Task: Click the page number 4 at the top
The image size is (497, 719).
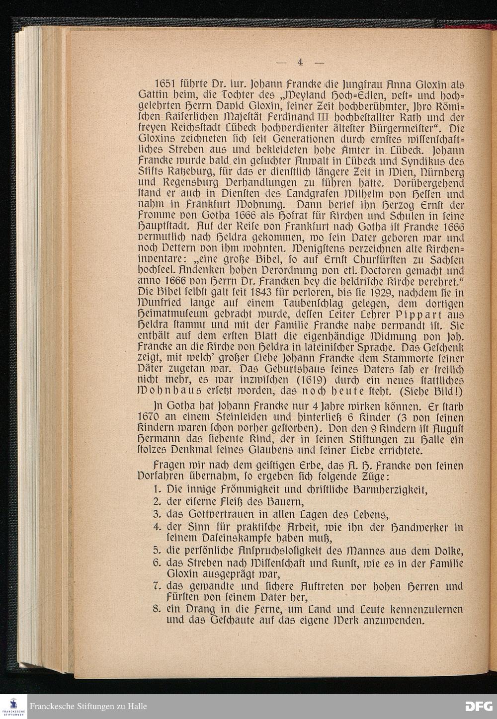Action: pos(300,62)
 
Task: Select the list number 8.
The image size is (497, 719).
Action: pos(156,609)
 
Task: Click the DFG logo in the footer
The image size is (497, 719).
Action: pos(479,706)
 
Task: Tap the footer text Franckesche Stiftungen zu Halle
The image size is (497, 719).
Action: pos(88,706)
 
